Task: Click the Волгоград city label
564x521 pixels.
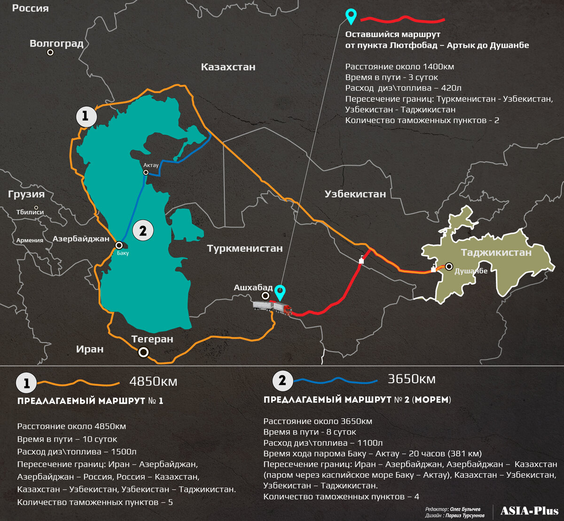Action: (x=56, y=44)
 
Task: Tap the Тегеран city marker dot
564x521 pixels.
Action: (x=143, y=352)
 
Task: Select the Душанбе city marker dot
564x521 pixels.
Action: (x=449, y=266)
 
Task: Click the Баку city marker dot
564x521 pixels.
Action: (x=119, y=245)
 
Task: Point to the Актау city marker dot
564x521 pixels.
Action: (x=146, y=172)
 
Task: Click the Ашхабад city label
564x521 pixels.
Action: (x=253, y=288)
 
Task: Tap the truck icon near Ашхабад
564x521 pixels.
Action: (x=272, y=308)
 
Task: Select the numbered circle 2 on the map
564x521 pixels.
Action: (x=143, y=230)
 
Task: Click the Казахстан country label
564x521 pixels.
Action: (x=228, y=67)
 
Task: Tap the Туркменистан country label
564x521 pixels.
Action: (x=245, y=249)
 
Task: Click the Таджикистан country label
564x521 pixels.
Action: (x=496, y=253)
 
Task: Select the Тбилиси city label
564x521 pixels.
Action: (x=30, y=212)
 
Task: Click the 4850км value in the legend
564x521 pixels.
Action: (x=153, y=381)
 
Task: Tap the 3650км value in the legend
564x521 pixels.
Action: (x=412, y=379)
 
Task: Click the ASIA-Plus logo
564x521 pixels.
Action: (x=529, y=511)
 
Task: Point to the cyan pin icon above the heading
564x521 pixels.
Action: (x=351, y=16)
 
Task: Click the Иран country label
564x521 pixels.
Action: (x=90, y=349)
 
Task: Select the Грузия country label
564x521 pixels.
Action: (x=26, y=194)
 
